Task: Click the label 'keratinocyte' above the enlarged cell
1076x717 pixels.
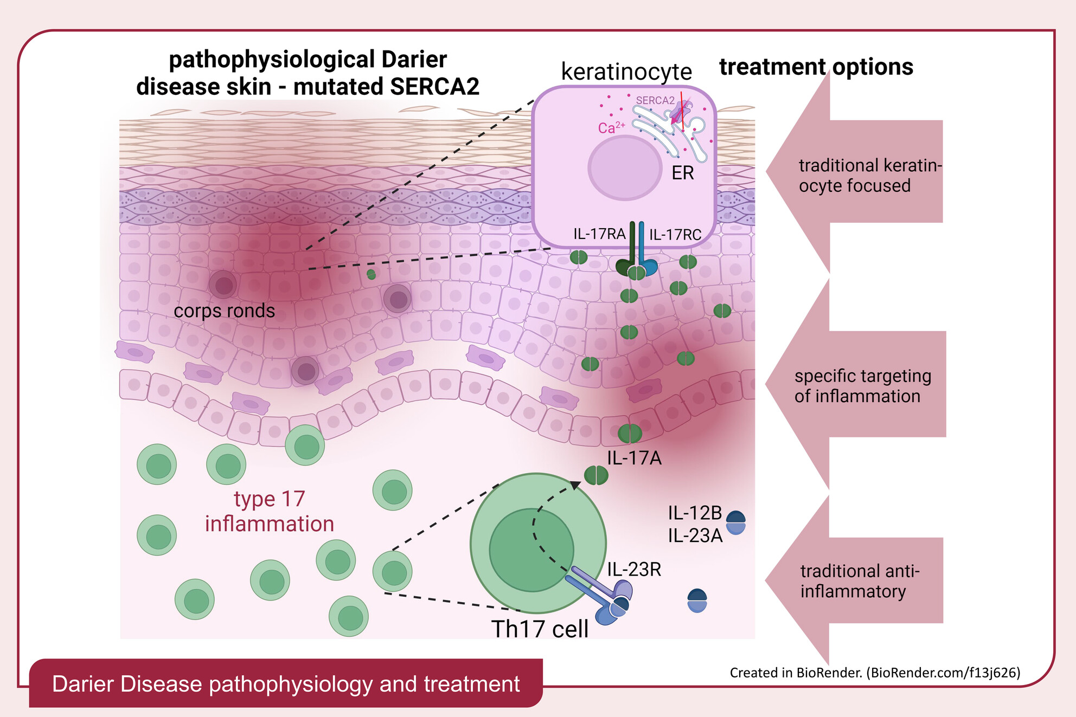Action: click(x=626, y=72)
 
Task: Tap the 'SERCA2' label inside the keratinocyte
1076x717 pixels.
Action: click(x=655, y=100)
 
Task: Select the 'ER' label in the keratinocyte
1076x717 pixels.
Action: click(x=682, y=173)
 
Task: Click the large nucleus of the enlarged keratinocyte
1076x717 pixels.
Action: click(x=625, y=167)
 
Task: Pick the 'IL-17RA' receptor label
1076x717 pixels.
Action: click(x=599, y=234)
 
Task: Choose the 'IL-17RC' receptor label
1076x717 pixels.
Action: click(x=675, y=235)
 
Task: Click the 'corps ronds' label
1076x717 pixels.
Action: click(x=224, y=311)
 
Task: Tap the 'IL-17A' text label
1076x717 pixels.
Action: click(x=634, y=458)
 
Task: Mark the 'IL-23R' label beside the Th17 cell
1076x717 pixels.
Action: click(x=634, y=570)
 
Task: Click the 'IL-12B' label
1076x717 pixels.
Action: click(x=695, y=513)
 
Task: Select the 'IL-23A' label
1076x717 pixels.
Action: click(x=695, y=536)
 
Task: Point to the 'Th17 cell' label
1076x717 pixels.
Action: click(x=540, y=629)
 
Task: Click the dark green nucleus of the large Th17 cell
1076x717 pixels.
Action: click(x=531, y=550)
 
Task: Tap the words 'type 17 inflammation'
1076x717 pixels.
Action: click(x=270, y=512)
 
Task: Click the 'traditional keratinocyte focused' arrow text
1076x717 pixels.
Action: click(x=870, y=176)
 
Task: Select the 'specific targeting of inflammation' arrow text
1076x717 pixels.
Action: click(x=862, y=386)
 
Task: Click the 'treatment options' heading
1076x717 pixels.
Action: click(x=816, y=67)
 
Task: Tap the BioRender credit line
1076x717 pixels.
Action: click(x=875, y=673)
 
